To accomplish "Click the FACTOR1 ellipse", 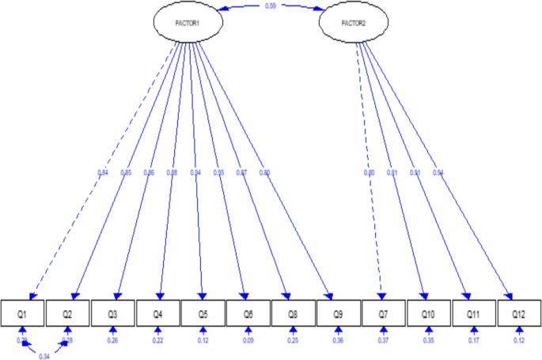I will coord(188,22).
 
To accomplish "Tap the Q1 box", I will coord(23,314).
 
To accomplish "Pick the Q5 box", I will coord(203,314).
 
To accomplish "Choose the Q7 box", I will coord(383,314).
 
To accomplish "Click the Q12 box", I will coord(518,314).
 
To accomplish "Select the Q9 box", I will coord(338,314).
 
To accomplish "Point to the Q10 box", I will coord(428,314).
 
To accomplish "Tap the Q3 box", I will coord(113,314).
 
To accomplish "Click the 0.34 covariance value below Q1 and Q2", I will coord(44,356).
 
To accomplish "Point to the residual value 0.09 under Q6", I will coord(248,341).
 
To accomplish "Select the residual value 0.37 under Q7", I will coord(383,341).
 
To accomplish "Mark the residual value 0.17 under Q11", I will coord(473,341).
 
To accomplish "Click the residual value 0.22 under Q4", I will coord(158,341).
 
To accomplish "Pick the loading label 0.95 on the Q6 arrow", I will coord(218,172).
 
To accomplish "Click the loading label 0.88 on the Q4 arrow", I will coord(172,172).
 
